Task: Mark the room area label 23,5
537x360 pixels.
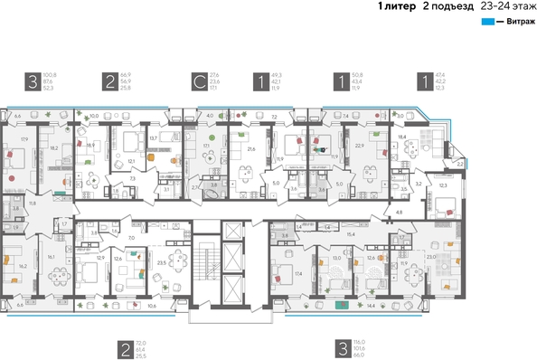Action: (162, 263)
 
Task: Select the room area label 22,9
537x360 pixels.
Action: (359, 145)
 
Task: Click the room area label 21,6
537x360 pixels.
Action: (252, 148)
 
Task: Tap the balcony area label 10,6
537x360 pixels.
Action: (151, 306)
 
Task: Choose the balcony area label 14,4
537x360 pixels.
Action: (370, 307)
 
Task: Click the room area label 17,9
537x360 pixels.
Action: (24, 138)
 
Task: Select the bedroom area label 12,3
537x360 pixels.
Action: (442, 185)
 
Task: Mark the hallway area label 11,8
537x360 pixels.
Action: (33, 204)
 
